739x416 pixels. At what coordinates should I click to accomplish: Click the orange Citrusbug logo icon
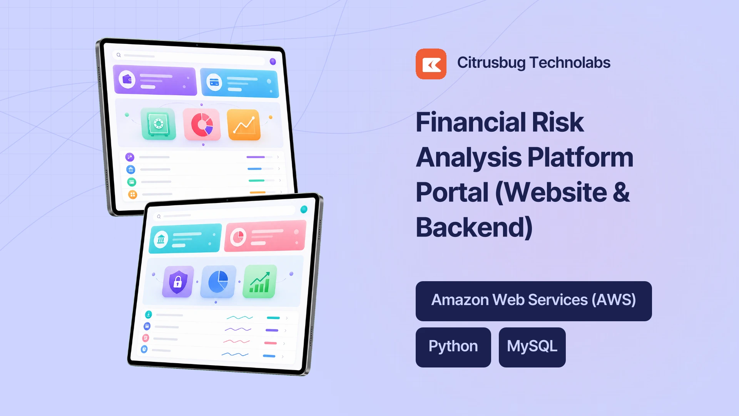click(x=431, y=64)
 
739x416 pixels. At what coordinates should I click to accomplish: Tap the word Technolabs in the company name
click(x=570, y=63)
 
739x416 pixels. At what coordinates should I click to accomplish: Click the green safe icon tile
click(x=158, y=124)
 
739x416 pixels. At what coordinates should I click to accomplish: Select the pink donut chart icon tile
click(x=202, y=124)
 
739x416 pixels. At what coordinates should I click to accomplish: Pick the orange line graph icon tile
click(x=244, y=125)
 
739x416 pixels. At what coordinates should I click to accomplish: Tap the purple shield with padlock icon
click(x=177, y=282)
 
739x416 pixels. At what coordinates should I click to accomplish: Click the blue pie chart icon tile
click(x=218, y=282)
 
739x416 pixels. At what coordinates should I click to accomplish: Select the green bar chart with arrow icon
click(x=260, y=282)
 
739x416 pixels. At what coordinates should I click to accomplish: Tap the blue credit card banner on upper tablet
click(x=239, y=83)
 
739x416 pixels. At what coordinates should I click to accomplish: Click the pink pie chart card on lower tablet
click(x=265, y=236)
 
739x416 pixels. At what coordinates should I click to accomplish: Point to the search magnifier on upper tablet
click(x=119, y=55)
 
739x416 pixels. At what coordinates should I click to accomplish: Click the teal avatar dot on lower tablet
click(x=304, y=209)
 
